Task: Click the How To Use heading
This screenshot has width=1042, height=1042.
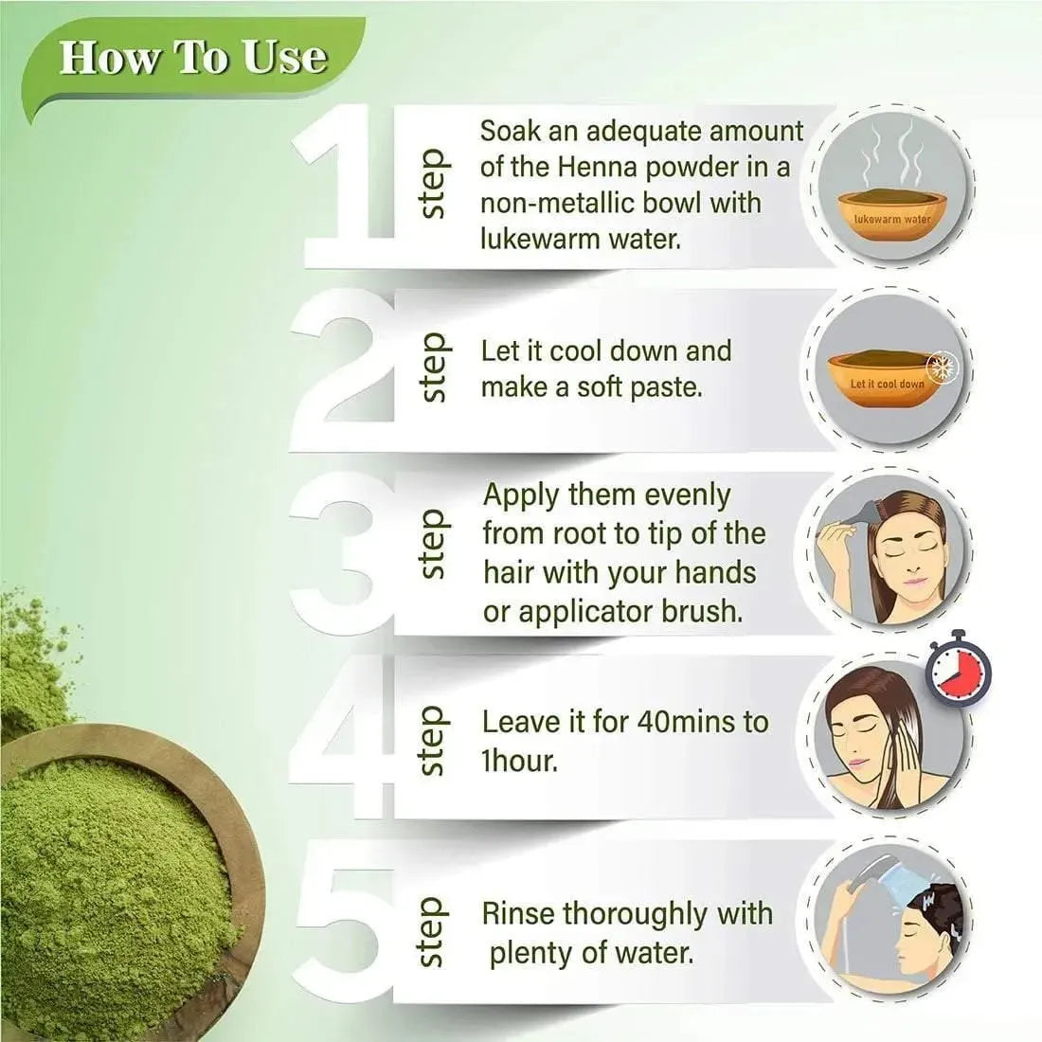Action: (x=193, y=57)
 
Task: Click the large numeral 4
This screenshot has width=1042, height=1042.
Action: (x=342, y=738)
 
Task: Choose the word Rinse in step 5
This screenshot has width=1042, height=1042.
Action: (x=517, y=914)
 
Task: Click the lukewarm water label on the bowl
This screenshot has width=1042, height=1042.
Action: (x=892, y=219)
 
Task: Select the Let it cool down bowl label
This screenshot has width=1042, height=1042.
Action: (x=888, y=384)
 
